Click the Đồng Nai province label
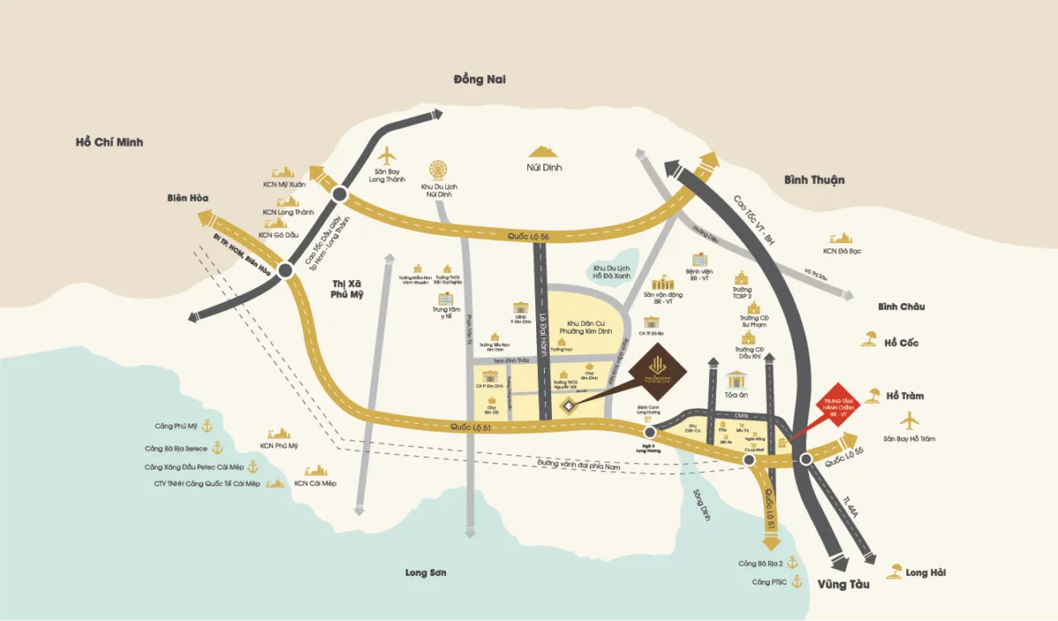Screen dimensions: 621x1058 (x=480, y=79)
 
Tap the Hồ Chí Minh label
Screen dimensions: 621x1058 (x=109, y=142)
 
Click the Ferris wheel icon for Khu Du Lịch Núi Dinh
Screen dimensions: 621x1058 (x=438, y=169)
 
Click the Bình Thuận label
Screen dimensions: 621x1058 (x=814, y=180)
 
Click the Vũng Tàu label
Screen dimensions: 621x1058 (x=843, y=584)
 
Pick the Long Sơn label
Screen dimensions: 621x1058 (x=426, y=573)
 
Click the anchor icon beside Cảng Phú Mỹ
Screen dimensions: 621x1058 (x=208, y=426)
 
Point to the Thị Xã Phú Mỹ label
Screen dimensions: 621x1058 (x=347, y=289)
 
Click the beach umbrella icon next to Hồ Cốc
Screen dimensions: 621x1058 (x=870, y=339)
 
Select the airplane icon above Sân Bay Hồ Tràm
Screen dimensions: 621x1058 (x=908, y=420)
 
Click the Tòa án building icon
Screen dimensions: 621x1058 (x=735, y=380)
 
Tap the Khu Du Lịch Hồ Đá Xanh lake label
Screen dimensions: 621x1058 (x=612, y=270)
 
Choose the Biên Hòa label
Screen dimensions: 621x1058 (x=187, y=198)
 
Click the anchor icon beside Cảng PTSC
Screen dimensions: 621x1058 (x=796, y=581)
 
